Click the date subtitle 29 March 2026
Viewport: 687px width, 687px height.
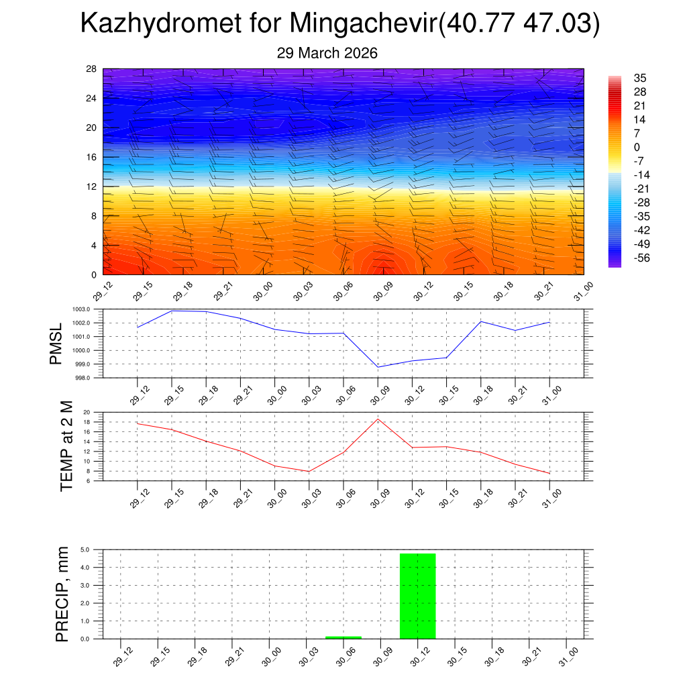(x=327, y=53)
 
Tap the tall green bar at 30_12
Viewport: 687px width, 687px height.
(x=417, y=596)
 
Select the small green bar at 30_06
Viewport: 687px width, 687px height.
(x=343, y=637)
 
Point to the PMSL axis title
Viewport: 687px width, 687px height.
(x=56, y=343)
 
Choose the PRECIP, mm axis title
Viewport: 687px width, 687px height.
(x=62, y=593)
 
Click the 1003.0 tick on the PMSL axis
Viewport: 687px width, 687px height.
(x=91, y=309)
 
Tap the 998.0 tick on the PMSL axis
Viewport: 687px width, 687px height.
(x=91, y=378)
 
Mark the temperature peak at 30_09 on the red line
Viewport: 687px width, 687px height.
(x=378, y=419)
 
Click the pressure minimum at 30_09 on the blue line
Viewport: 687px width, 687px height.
(x=378, y=367)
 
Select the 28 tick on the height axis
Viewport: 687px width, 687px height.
(x=91, y=69)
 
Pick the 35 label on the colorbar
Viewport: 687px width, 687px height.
(x=640, y=78)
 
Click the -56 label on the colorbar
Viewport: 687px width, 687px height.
(x=641, y=258)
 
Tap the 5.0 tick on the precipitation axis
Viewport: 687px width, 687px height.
(x=86, y=549)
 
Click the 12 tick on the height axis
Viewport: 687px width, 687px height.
(x=91, y=187)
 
